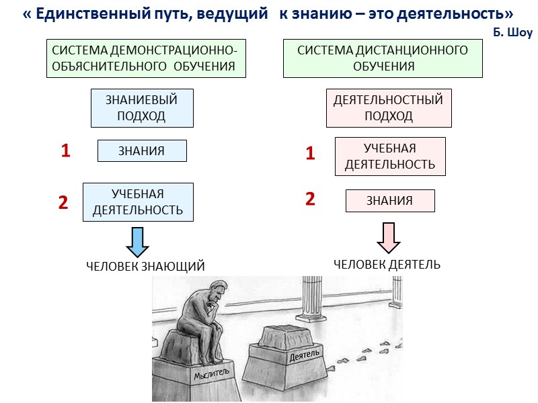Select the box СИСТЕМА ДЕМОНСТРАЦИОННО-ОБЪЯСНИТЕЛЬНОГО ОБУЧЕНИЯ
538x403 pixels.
[144, 58]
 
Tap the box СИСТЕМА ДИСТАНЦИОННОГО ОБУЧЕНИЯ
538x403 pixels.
[382, 58]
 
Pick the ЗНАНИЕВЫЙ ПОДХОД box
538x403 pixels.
[142, 108]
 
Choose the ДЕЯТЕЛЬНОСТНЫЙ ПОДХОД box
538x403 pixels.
[389, 107]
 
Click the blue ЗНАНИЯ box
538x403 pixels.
[142, 151]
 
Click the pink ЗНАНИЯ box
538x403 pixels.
[390, 200]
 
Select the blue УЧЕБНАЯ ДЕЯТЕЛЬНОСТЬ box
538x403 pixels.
[138, 202]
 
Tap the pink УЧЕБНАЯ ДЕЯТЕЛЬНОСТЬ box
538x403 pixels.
[390, 156]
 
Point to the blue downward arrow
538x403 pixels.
[137, 241]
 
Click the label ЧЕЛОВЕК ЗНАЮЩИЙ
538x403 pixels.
[145, 267]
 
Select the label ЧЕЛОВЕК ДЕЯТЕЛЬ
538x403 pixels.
[387, 264]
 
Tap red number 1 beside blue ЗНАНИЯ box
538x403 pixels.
[65, 151]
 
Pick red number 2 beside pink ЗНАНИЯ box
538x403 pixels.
[310, 199]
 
